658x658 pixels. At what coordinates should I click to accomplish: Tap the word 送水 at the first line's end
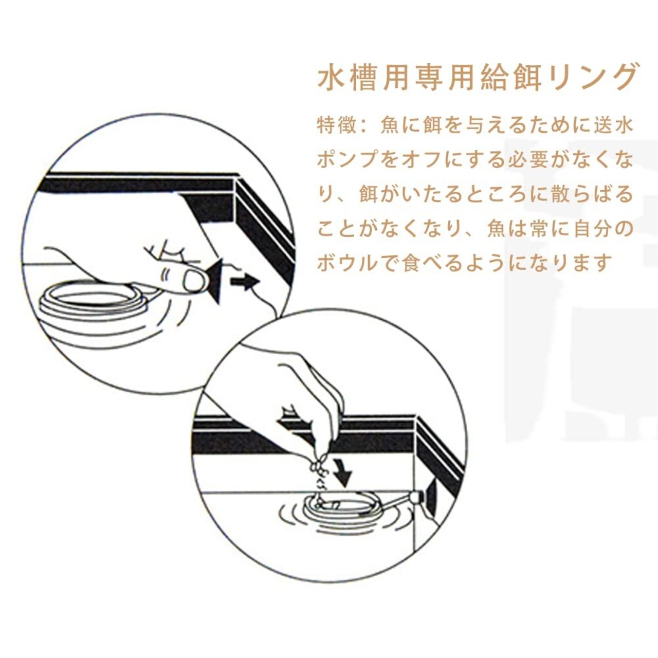612,126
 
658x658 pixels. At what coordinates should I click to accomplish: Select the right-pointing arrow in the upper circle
245,283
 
